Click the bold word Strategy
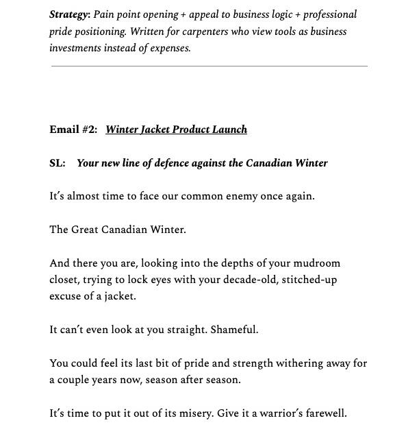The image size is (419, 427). [x=68, y=14]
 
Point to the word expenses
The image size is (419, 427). [x=170, y=48]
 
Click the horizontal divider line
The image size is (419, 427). [x=209, y=66]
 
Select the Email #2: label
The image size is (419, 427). [x=73, y=130]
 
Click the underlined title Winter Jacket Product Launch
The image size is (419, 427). [x=176, y=130]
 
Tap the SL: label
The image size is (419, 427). [x=57, y=163]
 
